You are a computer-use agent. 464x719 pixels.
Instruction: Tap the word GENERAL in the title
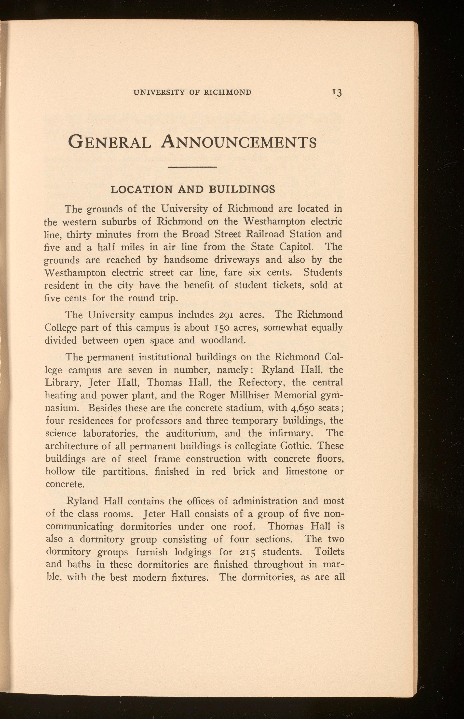click(x=110, y=142)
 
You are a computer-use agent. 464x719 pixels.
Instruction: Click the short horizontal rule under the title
click(x=192, y=167)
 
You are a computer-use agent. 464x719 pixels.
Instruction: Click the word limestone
click(x=306, y=471)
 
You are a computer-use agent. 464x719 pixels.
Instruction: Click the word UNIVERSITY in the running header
click(x=159, y=92)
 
